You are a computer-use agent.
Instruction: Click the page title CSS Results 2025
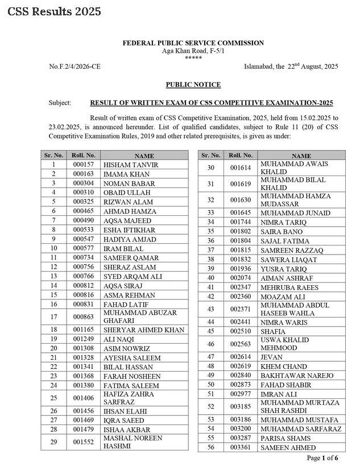[x=54, y=11]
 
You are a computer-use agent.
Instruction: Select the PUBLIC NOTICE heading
[x=193, y=85]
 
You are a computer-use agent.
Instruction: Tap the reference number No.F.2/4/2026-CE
[x=77, y=66]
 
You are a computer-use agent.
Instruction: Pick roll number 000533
[x=83, y=230]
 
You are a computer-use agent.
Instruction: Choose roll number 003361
[x=241, y=447]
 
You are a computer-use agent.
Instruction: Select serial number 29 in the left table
[x=53, y=442]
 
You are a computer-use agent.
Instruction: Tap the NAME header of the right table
[x=301, y=156]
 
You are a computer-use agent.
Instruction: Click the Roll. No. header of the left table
[x=84, y=155]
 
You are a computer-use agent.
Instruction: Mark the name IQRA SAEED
[x=123, y=420]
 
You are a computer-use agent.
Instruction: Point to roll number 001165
[x=83, y=330]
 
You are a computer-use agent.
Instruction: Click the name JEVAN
[x=271, y=357]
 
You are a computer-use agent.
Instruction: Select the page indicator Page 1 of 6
[x=322, y=458]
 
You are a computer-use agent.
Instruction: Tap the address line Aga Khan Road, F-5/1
[x=193, y=51]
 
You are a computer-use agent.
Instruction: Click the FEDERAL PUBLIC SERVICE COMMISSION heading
[x=193, y=43]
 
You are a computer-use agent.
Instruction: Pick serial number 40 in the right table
[x=210, y=278]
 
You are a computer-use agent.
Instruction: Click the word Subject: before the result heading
[x=60, y=103]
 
